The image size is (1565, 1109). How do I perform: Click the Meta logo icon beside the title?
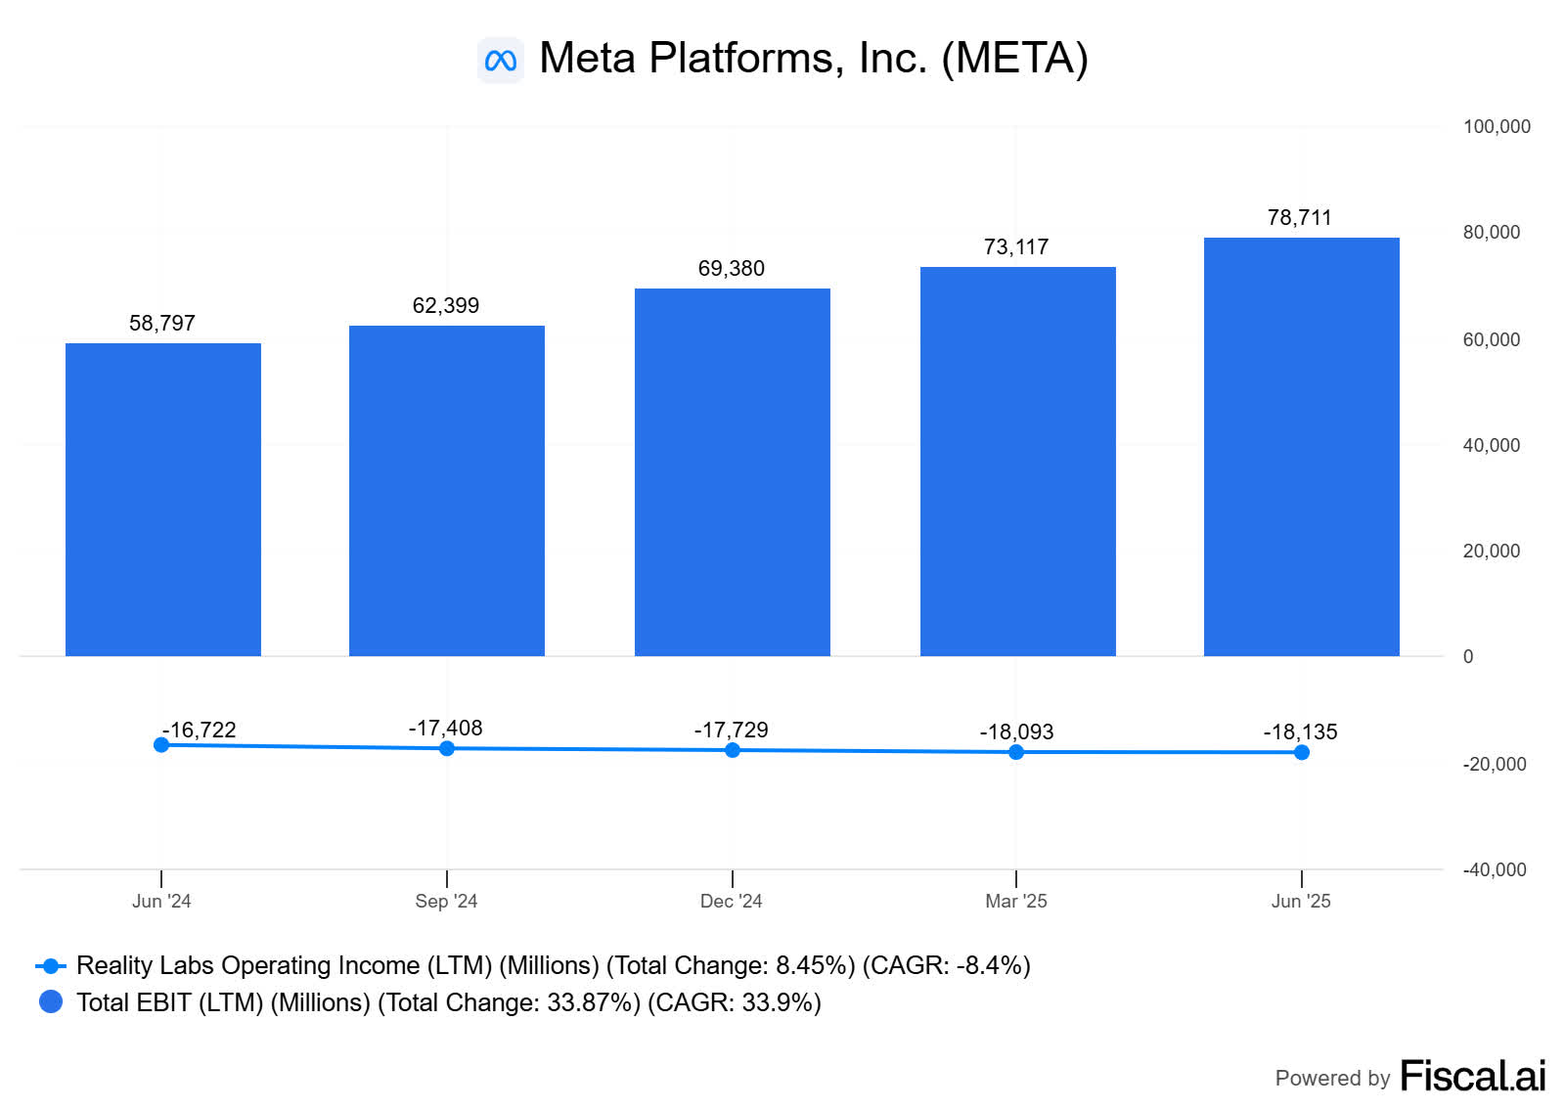coord(500,61)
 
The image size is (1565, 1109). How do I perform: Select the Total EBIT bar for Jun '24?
coord(162,499)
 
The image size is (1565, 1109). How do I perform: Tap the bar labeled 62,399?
coord(446,489)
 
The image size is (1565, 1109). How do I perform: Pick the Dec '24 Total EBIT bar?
coord(732,471)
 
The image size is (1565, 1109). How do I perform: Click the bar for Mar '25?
coord(1017,461)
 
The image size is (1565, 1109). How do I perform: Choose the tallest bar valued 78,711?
coord(1301,446)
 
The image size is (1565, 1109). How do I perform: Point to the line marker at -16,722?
coord(161,745)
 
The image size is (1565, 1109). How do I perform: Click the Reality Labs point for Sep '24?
coord(447,748)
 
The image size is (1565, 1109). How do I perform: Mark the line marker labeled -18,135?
coord(1301,752)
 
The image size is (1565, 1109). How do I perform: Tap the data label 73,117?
coord(1015,247)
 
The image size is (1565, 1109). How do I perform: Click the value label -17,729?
coord(731,731)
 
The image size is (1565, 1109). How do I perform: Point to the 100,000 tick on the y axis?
coord(1496,126)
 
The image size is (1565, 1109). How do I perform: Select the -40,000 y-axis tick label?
coord(1494,869)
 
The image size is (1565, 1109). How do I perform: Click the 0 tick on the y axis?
coord(1467,656)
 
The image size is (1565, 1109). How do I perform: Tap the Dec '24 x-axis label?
coord(731,901)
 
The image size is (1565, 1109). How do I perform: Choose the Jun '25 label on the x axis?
coord(1300,901)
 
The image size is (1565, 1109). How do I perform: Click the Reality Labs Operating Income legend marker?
coord(51,966)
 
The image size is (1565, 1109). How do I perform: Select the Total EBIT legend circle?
coord(51,1001)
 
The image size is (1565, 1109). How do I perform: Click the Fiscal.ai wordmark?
coord(1472,1076)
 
